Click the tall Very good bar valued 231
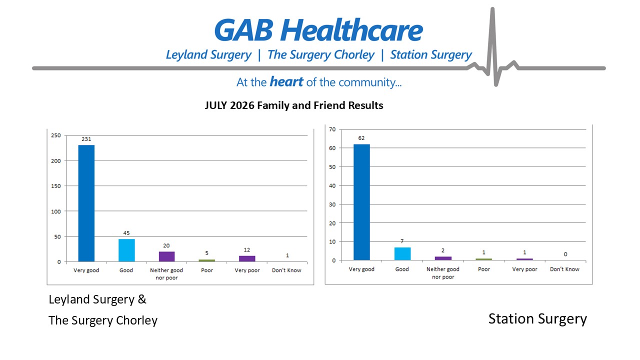(86, 203)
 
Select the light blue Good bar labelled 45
(126, 250)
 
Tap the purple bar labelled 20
(166, 256)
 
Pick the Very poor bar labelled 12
(247, 258)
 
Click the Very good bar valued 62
(361, 202)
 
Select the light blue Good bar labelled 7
(402, 253)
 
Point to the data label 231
(86, 139)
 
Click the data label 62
(361, 138)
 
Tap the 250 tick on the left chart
(56, 135)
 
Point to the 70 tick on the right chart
(332, 129)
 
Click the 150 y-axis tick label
(56, 186)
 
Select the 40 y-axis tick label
(332, 185)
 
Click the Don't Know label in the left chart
(286, 270)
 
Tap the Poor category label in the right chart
(484, 269)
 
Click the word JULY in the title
(215, 105)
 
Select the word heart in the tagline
(286, 81)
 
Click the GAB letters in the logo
(243, 30)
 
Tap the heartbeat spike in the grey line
(493, 45)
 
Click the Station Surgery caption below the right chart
(537, 319)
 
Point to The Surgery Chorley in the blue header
(321, 55)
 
